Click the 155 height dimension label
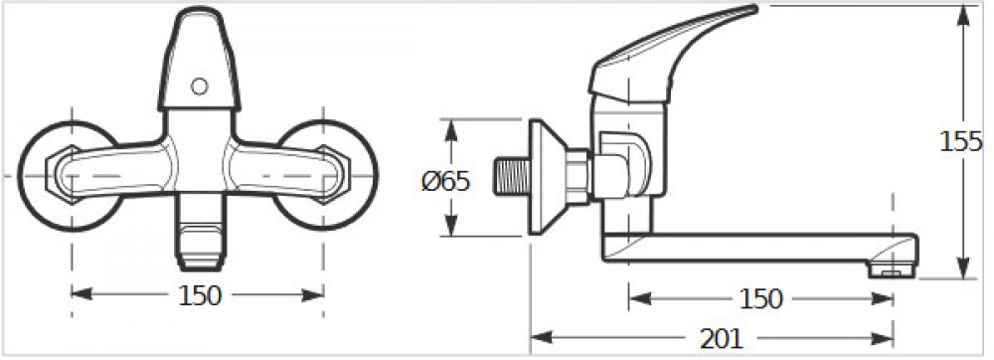click(x=960, y=142)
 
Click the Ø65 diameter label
click(x=445, y=182)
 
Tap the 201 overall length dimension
click(x=721, y=340)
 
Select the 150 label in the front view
click(x=200, y=295)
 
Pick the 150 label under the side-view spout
click(x=761, y=299)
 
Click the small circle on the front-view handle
click(x=200, y=87)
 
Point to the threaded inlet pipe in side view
click(x=512, y=177)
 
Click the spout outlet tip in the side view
click(x=893, y=270)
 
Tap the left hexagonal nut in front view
click(x=65, y=174)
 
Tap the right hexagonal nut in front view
click(x=332, y=174)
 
